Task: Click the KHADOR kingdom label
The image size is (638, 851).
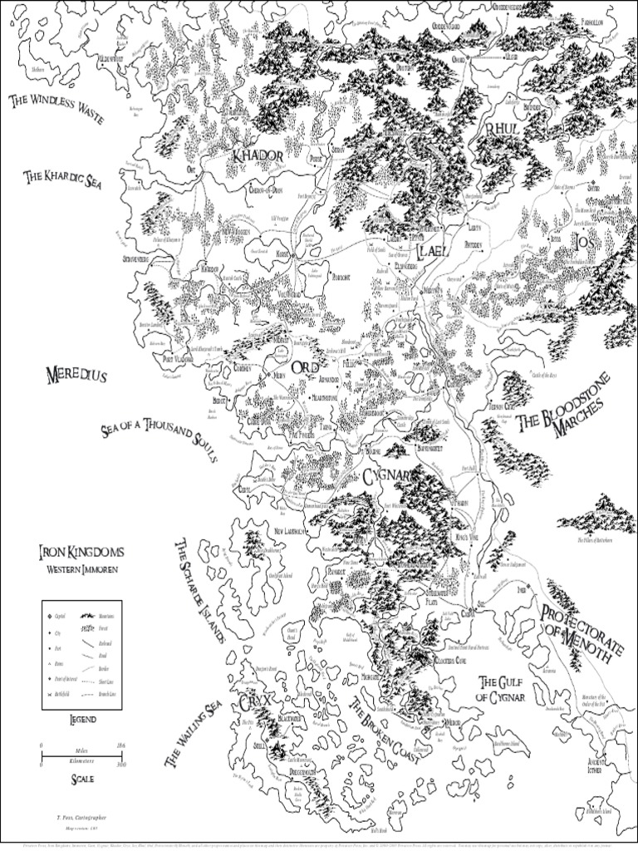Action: point(258,155)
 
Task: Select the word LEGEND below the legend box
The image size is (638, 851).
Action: point(81,718)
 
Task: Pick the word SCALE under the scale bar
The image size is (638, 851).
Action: point(81,779)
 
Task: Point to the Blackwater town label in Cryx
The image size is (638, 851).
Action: point(291,717)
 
